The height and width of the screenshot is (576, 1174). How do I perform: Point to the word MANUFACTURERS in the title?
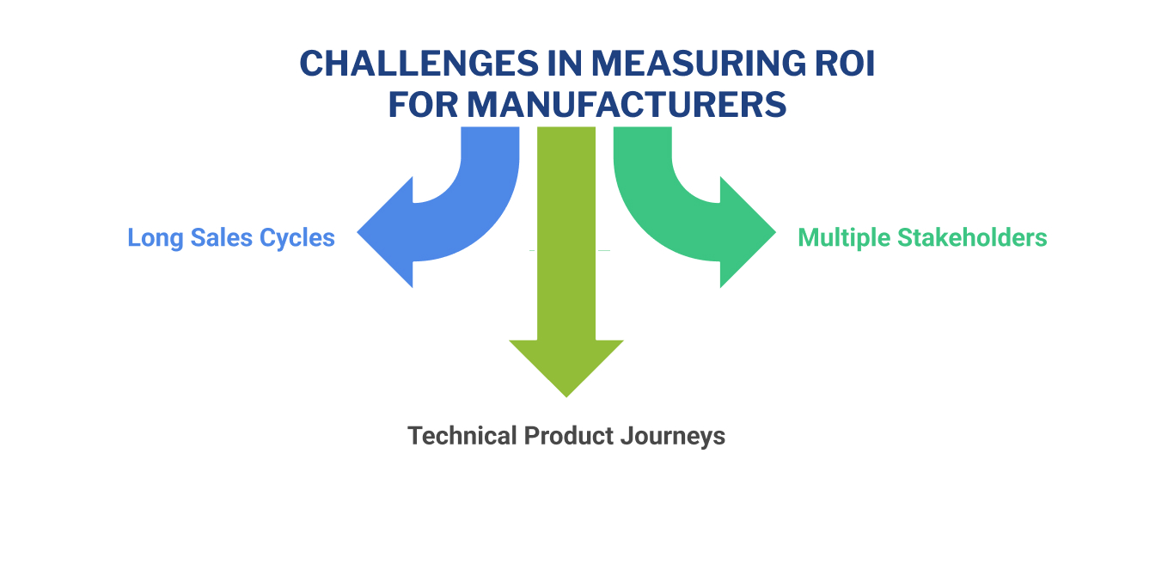click(x=627, y=105)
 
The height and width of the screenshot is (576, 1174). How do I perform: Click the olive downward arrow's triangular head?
click(x=566, y=365)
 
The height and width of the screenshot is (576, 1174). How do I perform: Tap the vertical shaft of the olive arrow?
click(x=566, y=232)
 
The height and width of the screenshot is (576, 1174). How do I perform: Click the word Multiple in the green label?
click(x=844, y=237)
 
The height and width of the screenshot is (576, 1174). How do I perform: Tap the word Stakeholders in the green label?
click(x=973, y=237)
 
